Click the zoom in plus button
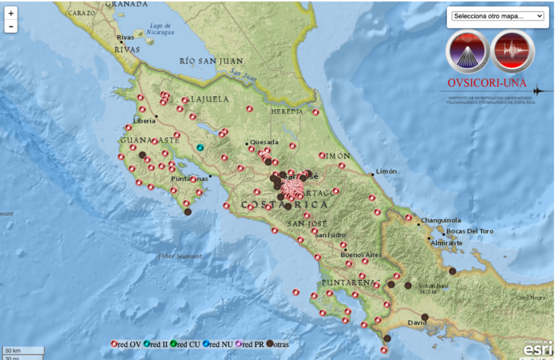(x=11, y=13)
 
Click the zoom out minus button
(x=11, y=27)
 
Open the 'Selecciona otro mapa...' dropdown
(x=497, y=16)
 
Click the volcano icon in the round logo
(x=467, y=51)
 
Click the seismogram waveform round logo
(x=512, y=51)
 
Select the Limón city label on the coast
(x=387, y=172)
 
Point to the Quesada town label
(x=265, y=142)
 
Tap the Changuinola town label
(x=443, y=220)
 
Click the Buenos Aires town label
(x=361, y=254)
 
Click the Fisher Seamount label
(x=181, y=256)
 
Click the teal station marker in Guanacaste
(x=201, y=147)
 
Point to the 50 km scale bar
(x=12, y=350)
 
